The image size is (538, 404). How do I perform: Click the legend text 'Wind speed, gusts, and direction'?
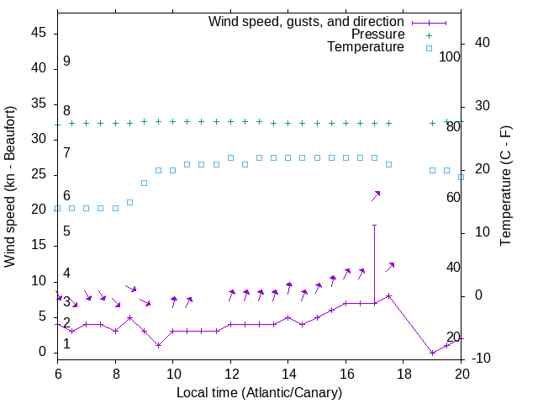(x=306, y=21)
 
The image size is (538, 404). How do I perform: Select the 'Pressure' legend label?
(x=377, y=35)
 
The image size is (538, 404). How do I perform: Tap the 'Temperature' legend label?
(x=366, y=47)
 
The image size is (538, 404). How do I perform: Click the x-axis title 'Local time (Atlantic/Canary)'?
(x=260, y=393)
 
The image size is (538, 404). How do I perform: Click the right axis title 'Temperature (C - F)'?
(x=505, y=187)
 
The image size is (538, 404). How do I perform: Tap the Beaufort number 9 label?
(x=66, y=61)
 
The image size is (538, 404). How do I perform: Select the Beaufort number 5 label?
(x=66, y=231)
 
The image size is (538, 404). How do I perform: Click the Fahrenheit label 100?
(x=451, y=57)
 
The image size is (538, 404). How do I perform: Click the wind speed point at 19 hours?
(x=432, y=353)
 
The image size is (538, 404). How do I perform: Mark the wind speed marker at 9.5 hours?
(x=158, y=345)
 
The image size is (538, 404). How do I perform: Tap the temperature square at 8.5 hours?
(x=129, y=202)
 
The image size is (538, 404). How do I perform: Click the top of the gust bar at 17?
(x=374, y=226)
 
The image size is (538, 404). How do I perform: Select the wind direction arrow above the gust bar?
(x=376, y=195)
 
